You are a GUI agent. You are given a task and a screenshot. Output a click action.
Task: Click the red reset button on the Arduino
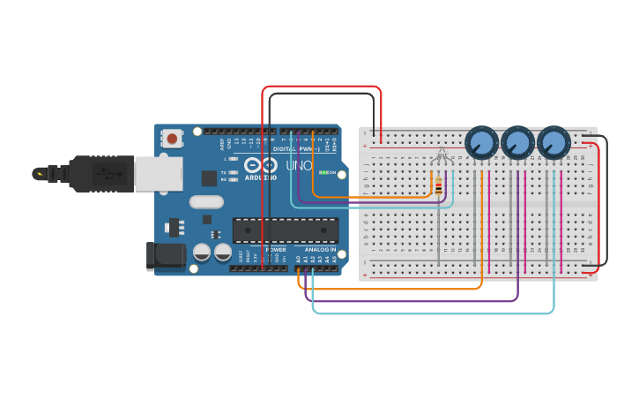(x=172, y=138)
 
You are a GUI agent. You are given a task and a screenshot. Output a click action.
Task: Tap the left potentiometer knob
(x=481, y=142)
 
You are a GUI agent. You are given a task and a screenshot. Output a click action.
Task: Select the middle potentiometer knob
(x=517, y=142)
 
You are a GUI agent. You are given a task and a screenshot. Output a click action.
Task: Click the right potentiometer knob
(x=554, y=142)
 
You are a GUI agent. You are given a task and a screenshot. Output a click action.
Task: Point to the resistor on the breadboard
(x=439, y=185)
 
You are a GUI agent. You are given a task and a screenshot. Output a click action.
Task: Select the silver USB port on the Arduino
(x=159, y=174)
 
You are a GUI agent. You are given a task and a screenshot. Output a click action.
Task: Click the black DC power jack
(x=165, y=256)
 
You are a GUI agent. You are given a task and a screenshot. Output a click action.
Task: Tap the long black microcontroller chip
(x=285, y=230)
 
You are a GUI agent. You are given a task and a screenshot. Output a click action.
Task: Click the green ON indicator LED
(x=323, y=172)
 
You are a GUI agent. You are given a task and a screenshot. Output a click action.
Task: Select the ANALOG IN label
(x=320, y=250)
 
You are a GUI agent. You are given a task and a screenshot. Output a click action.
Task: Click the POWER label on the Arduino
(x=276, y=250)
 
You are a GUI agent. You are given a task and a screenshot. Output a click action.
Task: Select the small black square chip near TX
(x=209, y=177)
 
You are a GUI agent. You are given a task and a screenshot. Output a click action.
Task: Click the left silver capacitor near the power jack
(x=202, y=253)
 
